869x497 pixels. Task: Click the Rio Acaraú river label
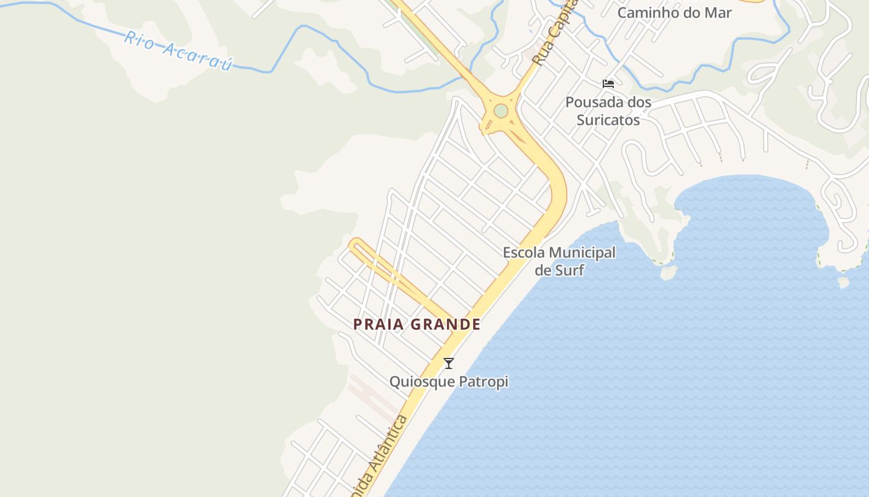pyautogui.click(x=178, y=50)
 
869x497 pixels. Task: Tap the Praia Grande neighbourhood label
pyautogui.click(x=417, y=324)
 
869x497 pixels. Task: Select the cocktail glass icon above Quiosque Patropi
pyautogui.click(x=449, y=363)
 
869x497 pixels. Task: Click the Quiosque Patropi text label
pyautogui.click(x=449, y=381)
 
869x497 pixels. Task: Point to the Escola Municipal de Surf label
pyautogui.click(x=559, y=261)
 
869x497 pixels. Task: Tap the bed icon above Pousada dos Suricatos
pyautogui.click(x=608, y=83)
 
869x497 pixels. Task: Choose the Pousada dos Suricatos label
pyautogui.click(x=608, y=111)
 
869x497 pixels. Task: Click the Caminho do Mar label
pyautogui.click(x=674, y=12)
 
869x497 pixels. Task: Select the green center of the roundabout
pyautogui.click(x=501, y=111)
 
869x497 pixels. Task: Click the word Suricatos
pyautogui.click(x=608, y=119)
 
